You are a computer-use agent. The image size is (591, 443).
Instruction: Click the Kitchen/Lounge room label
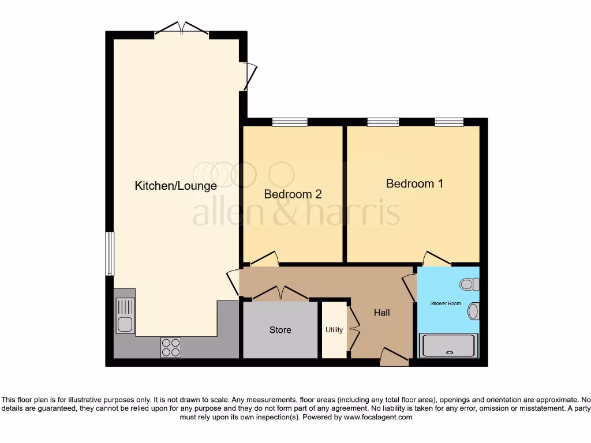pyautogui.click(x=175, y=186)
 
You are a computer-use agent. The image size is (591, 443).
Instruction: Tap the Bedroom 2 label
pyautogui.click(x=293, y=194)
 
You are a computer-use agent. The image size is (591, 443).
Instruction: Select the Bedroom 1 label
pyautogui.click(x=414, y=183)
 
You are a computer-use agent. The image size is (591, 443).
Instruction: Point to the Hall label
pyautogui.click(x=381, y=313)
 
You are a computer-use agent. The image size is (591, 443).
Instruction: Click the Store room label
pyautogui.click(x=280, y=330)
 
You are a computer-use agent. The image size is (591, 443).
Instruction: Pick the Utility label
pyautogui.click(x=334, y=330)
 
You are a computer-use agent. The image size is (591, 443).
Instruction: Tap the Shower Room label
pyautogui.click(x=446, y=303)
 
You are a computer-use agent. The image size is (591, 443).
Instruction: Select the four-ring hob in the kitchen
pyautogui.click(x=171, y=347)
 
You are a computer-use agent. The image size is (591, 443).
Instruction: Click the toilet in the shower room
pyautogui.click(x=468, y=284)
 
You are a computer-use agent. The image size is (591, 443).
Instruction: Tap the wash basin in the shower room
pyautogui.click(x=473, y=311)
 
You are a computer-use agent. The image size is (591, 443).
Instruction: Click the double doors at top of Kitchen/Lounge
pyautogui.click(x=181, y=29)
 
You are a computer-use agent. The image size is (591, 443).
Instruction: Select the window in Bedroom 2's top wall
pyautogui.click(x=290, y=122)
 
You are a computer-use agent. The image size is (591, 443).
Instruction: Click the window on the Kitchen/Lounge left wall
pyautogui.click(x=109, y=254)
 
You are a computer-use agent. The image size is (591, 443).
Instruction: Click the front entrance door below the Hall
pyautogui.click(x=394, y=357)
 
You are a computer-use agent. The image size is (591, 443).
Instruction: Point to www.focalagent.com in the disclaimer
pyautogui.click(x=378, y=417)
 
